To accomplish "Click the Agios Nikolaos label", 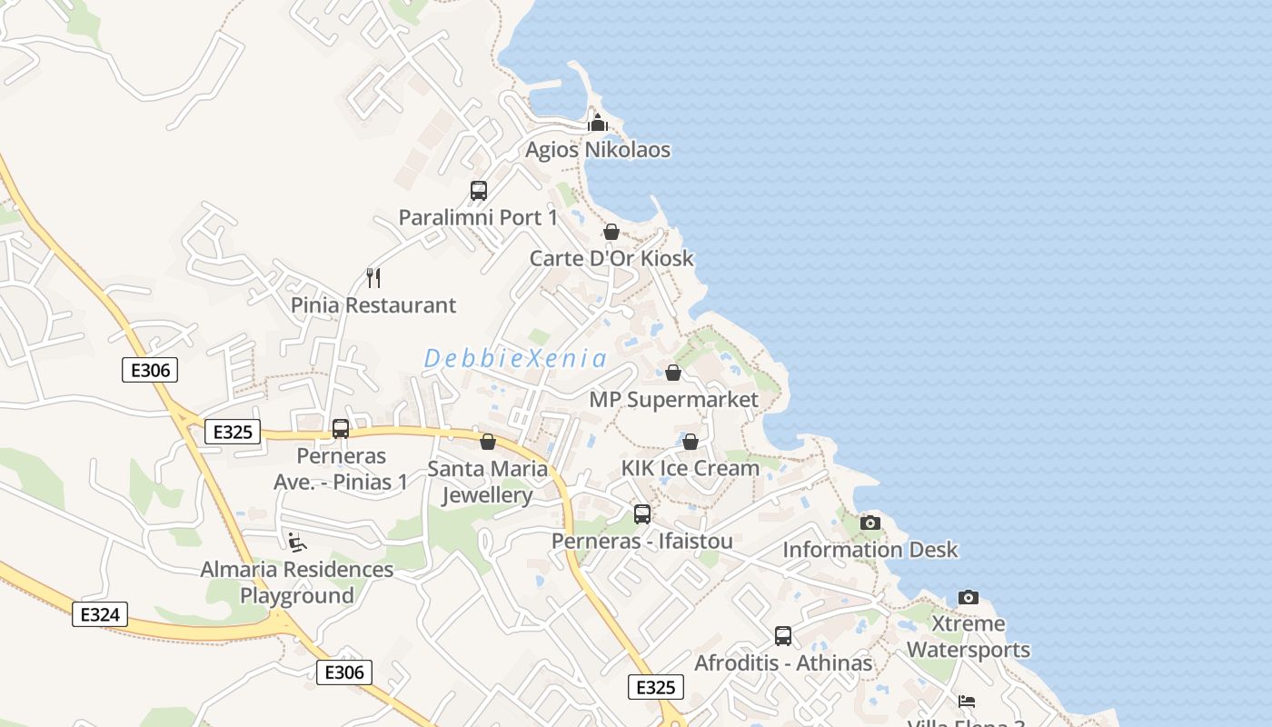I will (598, 150).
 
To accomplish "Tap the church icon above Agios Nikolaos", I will (598, 122).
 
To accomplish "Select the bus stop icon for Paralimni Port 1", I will (479, 191).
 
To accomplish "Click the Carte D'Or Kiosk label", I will (611, 258).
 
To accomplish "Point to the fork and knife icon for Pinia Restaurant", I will (373, 277).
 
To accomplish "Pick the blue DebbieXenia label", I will (515, 359).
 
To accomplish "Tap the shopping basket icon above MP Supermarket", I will (673, 373).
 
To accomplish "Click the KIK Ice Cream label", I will (691, 469).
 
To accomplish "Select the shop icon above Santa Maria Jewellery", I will (488, 442).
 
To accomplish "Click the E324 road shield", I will (100, 614).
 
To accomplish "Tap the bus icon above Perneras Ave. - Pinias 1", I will (341, 428).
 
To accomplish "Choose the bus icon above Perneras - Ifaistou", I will (642, 514).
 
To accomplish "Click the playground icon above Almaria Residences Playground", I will (296, 543).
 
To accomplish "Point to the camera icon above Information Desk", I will (870, 523).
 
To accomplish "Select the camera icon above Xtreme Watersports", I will (969, 597).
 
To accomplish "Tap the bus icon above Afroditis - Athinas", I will (783, 636).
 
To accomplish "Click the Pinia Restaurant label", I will (373, 305).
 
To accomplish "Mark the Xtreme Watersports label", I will (969, 637).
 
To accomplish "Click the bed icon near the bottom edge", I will (967, 702).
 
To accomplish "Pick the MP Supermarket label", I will (673, 400).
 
